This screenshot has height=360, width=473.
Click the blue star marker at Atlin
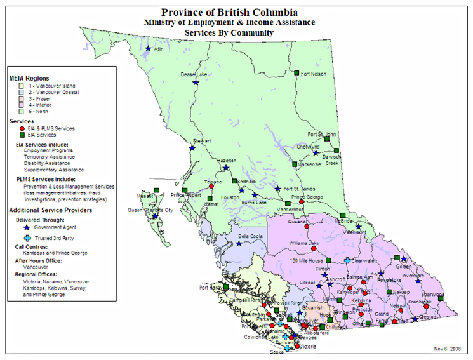pos(148,49)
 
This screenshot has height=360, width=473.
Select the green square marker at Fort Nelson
pos(296,74)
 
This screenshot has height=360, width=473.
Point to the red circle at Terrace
pos(211,187)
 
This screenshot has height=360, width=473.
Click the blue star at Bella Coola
pos(239,243)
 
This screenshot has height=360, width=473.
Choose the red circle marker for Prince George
pos(310,202)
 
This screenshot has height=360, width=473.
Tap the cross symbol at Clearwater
pos(347,260)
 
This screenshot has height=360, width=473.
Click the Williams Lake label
pos(303,243)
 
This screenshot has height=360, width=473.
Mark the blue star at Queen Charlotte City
pos(155,217)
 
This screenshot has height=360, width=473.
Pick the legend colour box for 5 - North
pos(22,112)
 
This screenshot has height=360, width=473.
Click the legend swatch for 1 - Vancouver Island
pos(22,85)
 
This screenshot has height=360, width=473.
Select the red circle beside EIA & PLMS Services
pos(22,128)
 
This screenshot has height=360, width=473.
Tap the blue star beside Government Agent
pos(26,226)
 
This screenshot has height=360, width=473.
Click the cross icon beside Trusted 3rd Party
pos(26,238)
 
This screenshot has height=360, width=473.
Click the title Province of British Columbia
pos(229,11)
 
